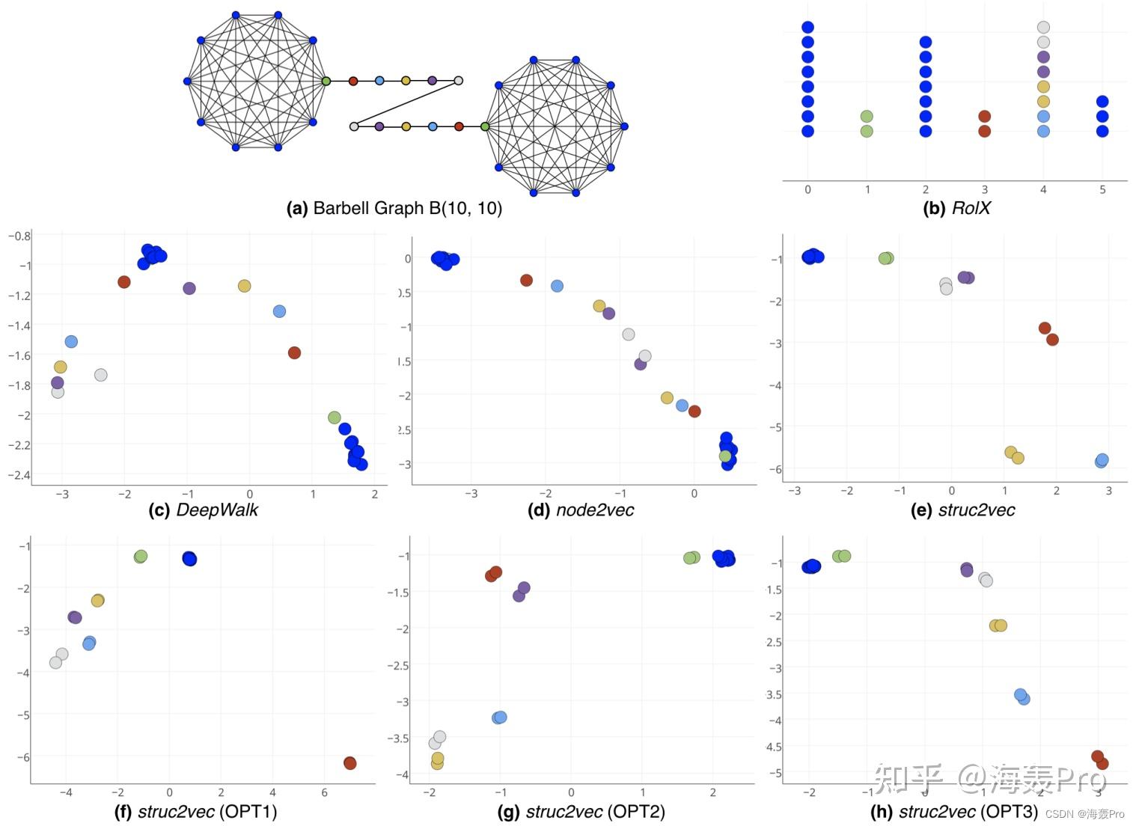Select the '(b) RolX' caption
(x=956, y=208)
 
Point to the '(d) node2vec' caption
(x=580, y=510)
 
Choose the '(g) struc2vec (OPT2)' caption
(x=581, y=811)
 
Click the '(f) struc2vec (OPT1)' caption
(x=195, y=811)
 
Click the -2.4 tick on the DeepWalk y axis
(x=19, y=475)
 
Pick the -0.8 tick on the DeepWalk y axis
(x=19, y=236)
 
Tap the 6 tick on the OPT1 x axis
(x=324, y=792)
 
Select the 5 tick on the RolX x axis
(x=1102, y=190)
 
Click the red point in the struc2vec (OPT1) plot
(x=349, y=763)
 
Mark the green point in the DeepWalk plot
(x=335, y=417)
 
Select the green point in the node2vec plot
(x=725, y=456)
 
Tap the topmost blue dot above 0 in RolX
(x=807, y=28)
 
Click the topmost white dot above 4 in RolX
(x=1043, y=28)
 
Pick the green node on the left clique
(x=326, y=81)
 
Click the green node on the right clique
(x=485, y=126)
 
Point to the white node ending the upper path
(x=459, y=81)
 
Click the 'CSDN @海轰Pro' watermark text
(x=1084, y=814)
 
